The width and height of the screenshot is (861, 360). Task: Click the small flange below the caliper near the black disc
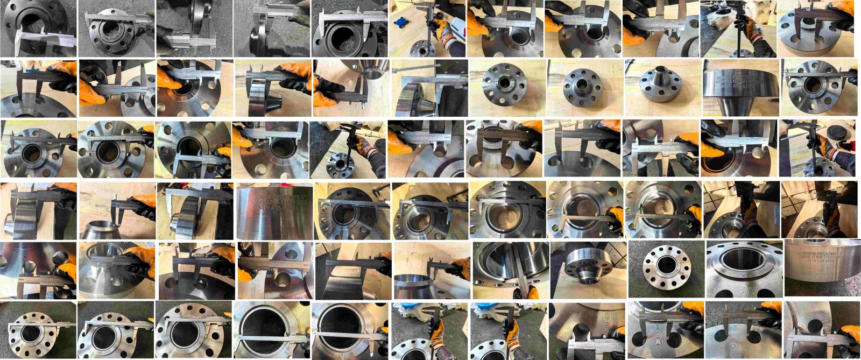(x=818, y=161)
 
